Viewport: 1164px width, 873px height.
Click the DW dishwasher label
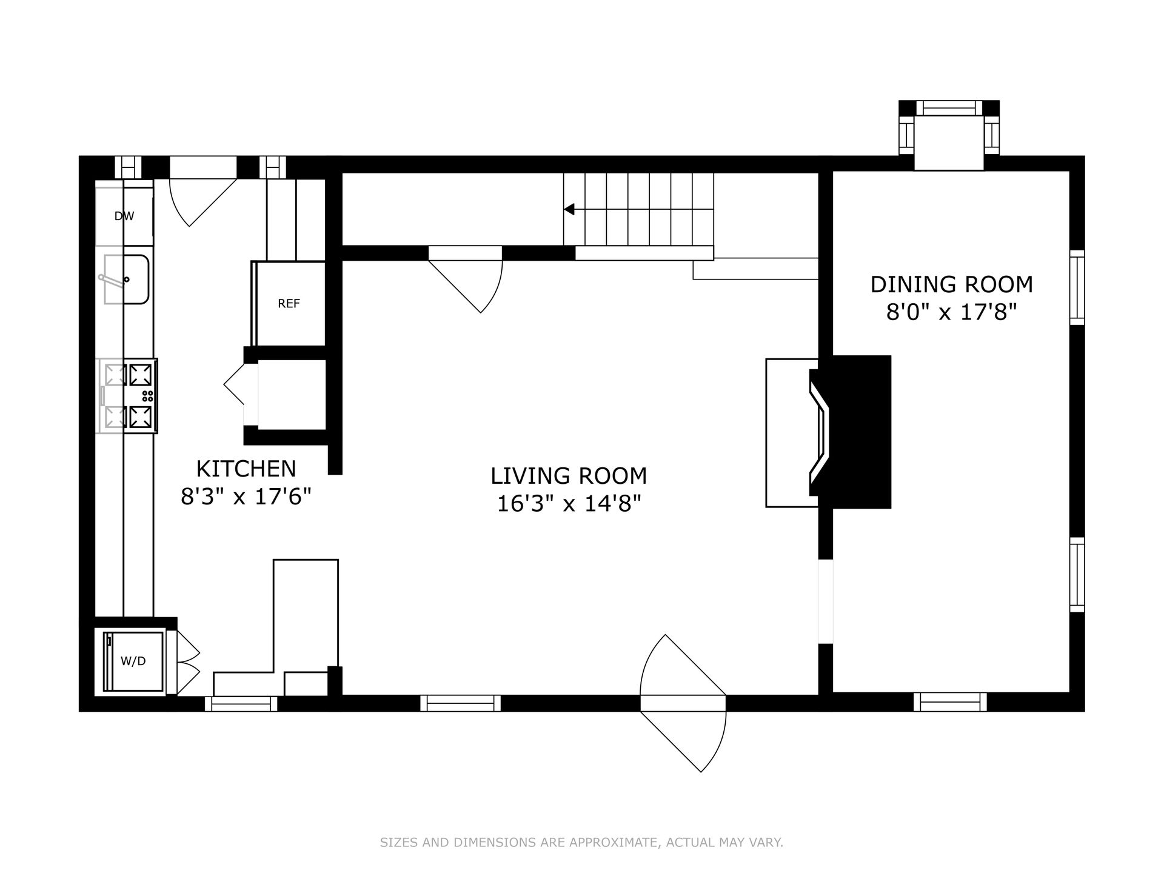tap(124, 216)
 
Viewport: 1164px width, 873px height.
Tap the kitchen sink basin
tap(126, 279)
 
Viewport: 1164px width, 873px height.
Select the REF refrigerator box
tap(289, 303)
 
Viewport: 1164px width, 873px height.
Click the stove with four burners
tap(127, 396)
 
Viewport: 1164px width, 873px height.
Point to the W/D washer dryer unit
tap(133, 661)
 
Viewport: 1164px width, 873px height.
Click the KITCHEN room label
tap(246, 469)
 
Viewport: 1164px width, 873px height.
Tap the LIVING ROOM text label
tap(569, 476)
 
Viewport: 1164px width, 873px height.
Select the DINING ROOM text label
tap(951, 284)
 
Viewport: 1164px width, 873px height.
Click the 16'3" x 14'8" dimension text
tap(569, 504)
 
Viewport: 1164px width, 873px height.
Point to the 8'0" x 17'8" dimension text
tap(951, 312)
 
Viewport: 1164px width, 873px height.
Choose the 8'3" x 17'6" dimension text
tap(246, 497)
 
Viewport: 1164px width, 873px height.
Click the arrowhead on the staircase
tap(569, 209)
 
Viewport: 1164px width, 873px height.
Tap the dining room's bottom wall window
tap(950, 702)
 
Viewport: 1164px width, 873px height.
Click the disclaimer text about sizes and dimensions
tap(581, 842)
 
